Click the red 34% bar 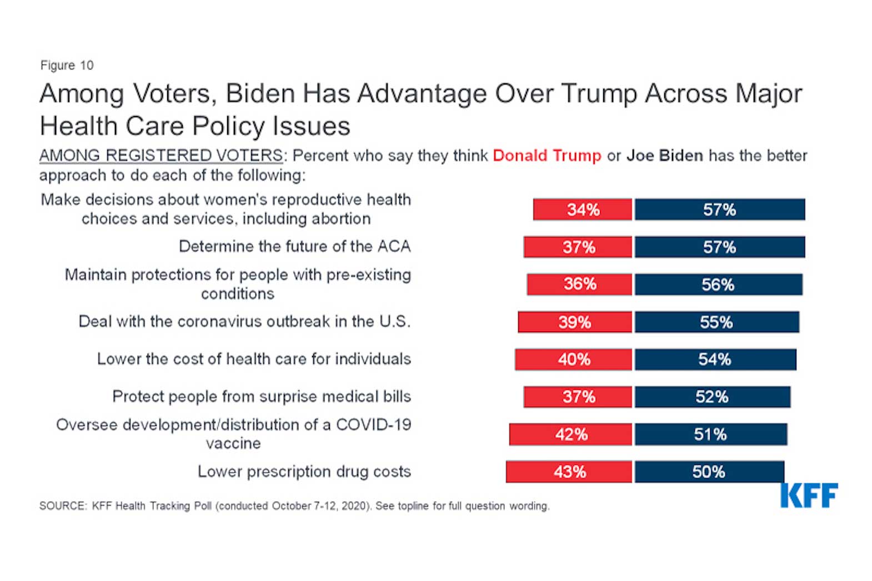pos(582,209)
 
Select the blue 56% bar pos(718,284)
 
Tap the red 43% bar pos(569,472)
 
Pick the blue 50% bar pos(709,472)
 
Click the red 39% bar pos(575,322)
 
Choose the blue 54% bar pos(715,359)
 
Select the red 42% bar pos(570,434)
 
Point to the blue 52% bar pos(712,397)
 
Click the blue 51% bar pos(710,434)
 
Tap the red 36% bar pos(579,284)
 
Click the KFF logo pos(809,495)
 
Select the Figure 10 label pos(67,66)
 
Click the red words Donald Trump pos(547,156)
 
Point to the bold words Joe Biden pos(664,156)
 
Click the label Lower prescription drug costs pos(304,472)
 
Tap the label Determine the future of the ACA pos(294,247)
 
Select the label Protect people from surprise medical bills pos(261,397)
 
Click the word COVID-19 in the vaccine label pos(373,425)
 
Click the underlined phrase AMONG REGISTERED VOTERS pos(161,156)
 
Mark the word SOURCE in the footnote pos(63,506)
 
